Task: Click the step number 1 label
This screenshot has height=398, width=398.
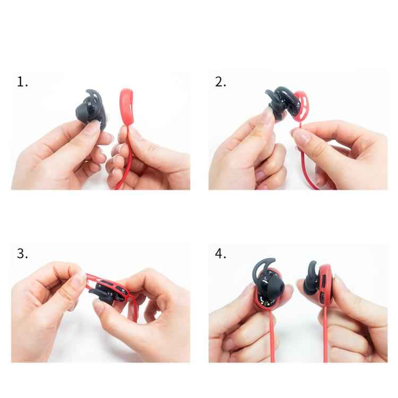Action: point(22,82)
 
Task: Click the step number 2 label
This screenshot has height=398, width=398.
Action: point(220,82)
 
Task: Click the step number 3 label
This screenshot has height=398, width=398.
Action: point(22,254)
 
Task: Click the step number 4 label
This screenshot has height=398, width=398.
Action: point(220,254)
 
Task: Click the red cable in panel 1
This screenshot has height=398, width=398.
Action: point(124,165)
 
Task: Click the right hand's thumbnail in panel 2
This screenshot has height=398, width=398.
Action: point(300,137)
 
